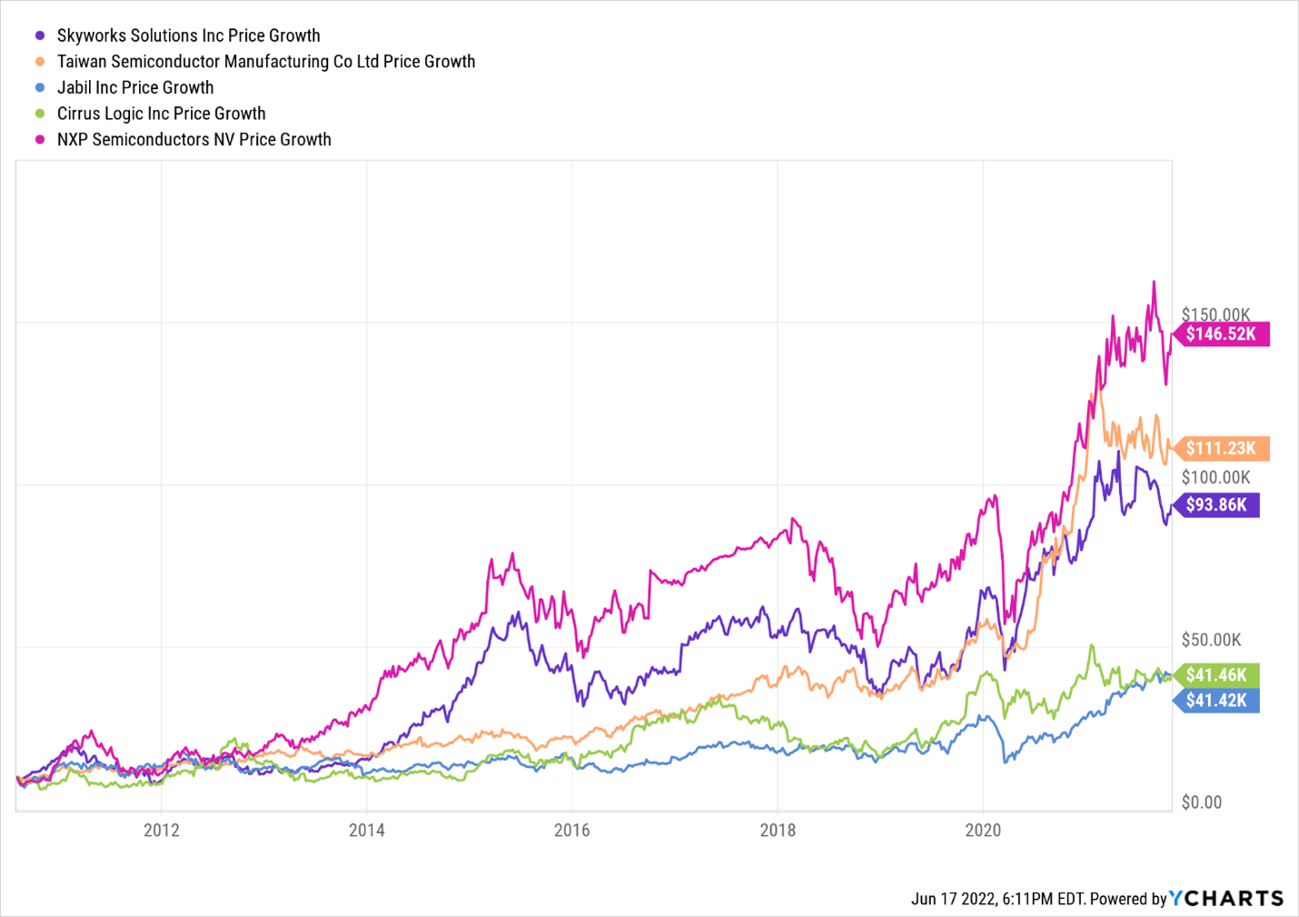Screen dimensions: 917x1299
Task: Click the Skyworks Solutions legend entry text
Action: [x=188, y=35]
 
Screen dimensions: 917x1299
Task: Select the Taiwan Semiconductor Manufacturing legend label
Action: [x=265, y=62]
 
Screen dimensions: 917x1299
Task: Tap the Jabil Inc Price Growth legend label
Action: [x=135, y=87]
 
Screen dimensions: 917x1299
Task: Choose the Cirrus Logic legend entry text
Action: [x=161, y=114]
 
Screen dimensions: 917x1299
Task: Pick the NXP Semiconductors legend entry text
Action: [x=193, y=140]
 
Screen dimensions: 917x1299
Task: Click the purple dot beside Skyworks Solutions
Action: [x=40, y=35]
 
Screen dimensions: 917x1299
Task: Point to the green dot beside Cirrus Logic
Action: [x=40, y=114]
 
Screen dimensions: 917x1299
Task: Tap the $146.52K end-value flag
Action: [x=1221, y=334]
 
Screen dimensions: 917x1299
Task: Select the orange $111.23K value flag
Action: [x=1221, y=448]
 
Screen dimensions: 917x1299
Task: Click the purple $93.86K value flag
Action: [x=1216, y=504]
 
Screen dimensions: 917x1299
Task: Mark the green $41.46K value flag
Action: [x=1216, y=675]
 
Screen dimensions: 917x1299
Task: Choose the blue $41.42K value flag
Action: [x=1216, y=701]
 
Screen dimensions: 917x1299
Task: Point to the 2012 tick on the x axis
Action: [x=161, y=830]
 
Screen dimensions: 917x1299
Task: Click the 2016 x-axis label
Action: [x=571, y=830]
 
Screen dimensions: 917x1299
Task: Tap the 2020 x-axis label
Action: [x=982, y=830]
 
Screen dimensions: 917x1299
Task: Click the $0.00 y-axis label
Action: [x=1202, y=802]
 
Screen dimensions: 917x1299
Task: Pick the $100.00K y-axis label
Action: [x=1215, y=477]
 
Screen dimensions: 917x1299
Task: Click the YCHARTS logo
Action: [x=1226, y=898]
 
